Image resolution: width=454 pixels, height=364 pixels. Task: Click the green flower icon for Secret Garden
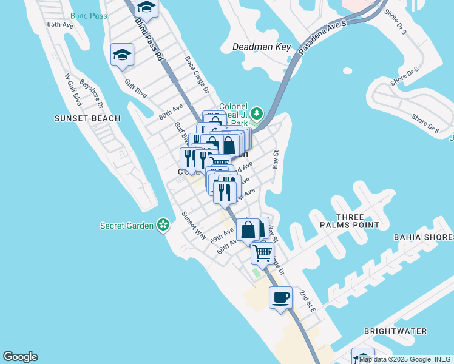(x=163, y=226)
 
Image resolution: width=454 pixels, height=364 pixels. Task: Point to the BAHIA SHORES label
(x=423, y=237)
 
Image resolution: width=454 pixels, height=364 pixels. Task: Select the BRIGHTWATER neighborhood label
(x=395, y=331)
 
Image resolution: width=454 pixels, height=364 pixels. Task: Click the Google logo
(x=20, y=357)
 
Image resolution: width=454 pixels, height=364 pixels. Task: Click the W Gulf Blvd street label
(x=73, y=90)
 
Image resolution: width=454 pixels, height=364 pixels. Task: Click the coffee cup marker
(x=280, y=297)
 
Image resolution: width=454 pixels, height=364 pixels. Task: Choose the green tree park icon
(x=257, y=113)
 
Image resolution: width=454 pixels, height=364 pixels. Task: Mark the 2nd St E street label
(x=307, y=301)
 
